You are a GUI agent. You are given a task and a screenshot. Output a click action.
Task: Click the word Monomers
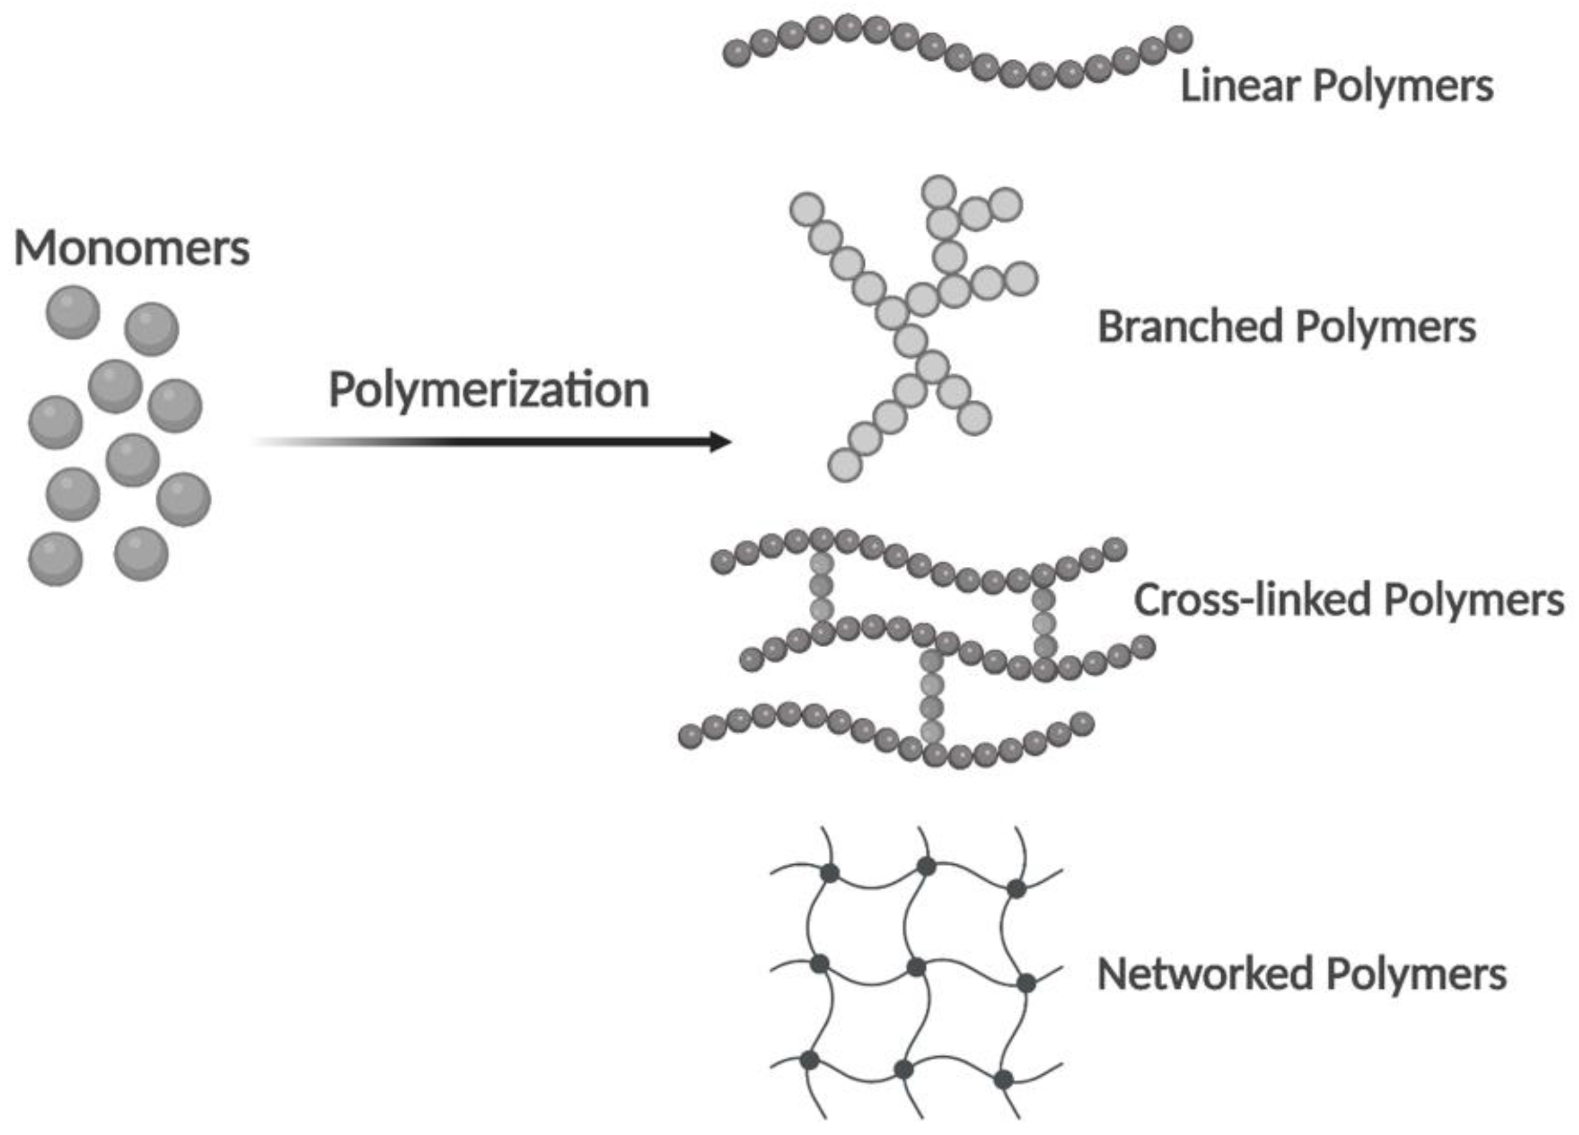tap(132, 248)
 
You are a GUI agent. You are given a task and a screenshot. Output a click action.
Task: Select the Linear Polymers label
tap(1336, 86)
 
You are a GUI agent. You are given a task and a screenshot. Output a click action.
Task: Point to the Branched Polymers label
tap(1287, 326)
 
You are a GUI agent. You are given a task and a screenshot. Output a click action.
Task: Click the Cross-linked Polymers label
tap(1348, 599)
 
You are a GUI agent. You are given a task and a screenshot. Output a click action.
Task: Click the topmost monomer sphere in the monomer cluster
tap(72, 312)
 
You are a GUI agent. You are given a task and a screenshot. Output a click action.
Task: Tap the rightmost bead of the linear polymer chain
tap(1179, 39)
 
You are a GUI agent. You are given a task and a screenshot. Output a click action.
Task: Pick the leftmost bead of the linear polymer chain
tap(737, 54)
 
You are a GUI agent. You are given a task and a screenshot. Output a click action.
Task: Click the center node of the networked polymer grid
tap(916, 967)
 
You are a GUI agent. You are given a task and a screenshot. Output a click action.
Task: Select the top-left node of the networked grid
tap(829, 873)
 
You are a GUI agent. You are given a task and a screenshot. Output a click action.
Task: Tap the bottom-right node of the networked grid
tap(1003, 1079)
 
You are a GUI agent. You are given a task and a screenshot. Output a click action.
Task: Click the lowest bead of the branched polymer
tap(845, 464)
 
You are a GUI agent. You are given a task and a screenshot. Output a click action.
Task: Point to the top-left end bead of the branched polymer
tap(807, 209)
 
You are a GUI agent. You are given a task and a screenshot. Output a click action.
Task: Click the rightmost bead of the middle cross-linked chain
tap(1142, 648)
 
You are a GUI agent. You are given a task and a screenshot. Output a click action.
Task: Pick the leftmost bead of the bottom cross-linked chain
tap(690, 736)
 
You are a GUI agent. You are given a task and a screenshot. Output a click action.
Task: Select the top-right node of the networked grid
tap(1016, 888)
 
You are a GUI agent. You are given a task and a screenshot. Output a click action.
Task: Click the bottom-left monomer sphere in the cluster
tap(55, 559)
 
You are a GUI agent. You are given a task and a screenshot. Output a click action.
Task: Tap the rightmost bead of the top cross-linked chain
tap(1115, 549)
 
